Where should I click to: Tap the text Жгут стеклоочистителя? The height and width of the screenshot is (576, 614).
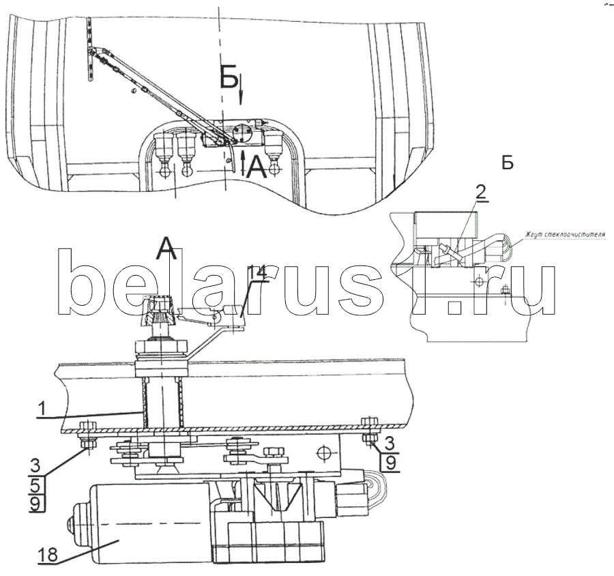[565, 235]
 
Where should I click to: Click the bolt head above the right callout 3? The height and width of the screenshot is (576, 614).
[370, 422]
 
